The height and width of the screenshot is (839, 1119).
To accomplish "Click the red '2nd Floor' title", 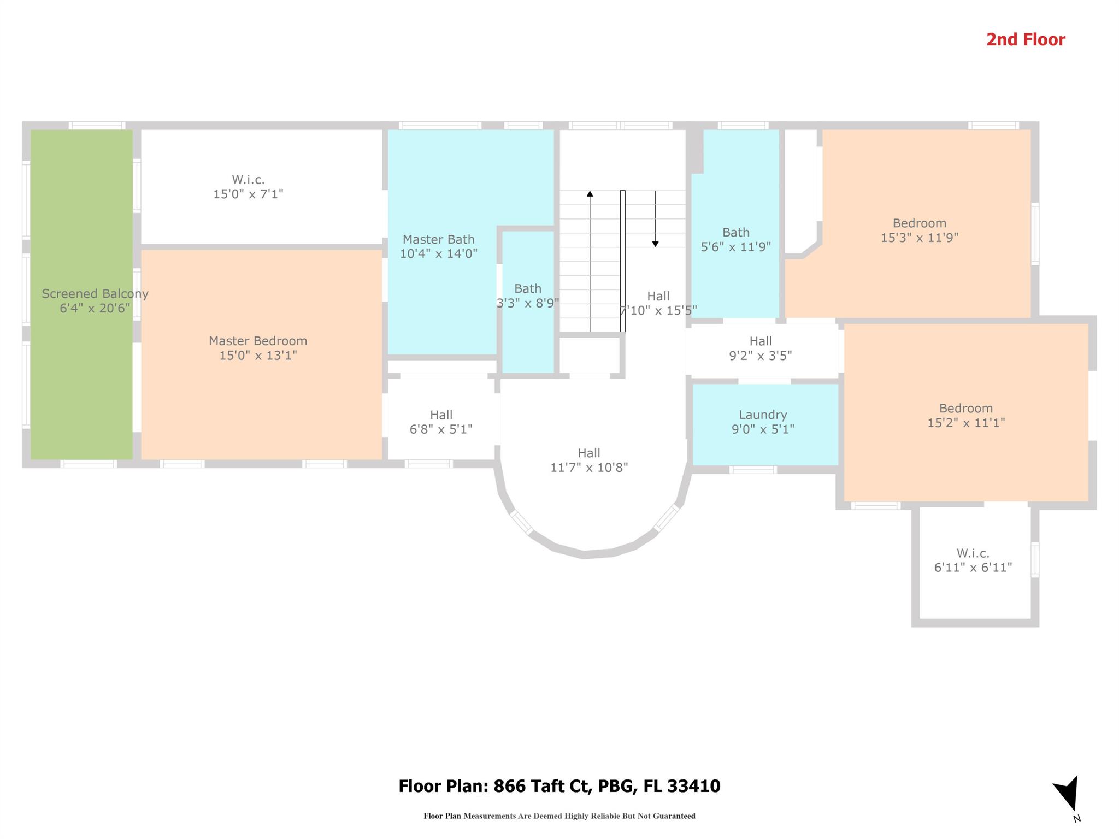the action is click(x=1026, y=40).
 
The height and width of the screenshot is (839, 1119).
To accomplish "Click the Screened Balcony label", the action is click(x=95, y=294).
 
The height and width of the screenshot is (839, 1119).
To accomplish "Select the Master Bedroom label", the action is click(x=258, y=341).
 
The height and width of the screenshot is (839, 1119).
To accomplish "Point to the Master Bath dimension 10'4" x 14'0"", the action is click(x=439, y=253).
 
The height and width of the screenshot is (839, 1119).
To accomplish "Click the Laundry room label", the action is click(x=763, y=415).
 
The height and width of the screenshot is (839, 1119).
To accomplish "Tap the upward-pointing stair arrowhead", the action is click(x=590, y=194).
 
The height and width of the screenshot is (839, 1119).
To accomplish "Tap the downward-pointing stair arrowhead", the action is click(x=656, y=244).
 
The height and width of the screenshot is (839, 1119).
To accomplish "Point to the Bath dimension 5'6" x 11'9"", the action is click(x=736, y=246).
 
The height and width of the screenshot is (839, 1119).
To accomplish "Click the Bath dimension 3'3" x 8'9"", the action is click(x=528, y=303).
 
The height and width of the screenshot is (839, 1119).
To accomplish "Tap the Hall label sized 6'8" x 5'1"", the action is click(x=441, y=415).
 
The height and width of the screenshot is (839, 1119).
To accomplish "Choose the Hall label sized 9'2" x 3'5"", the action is click(x=761, y=341).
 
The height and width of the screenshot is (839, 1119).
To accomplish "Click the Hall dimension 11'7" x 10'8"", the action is click(x=589, y=468).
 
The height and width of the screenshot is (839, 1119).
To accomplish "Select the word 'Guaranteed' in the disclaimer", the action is click(x=678, y=816).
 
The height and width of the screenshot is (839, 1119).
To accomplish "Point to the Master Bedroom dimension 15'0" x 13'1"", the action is click(x=258, y=356).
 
